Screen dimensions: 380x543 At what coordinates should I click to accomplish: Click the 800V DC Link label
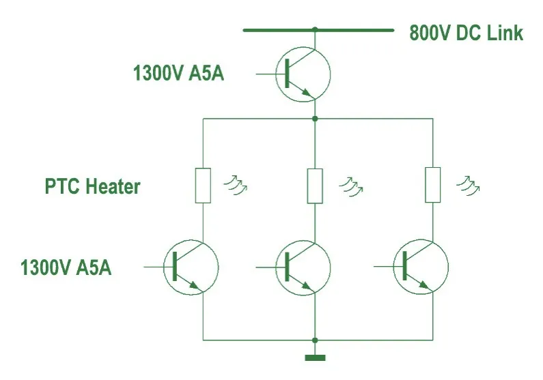(466, 33)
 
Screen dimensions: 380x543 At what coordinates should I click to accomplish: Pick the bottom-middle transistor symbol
(303, 267)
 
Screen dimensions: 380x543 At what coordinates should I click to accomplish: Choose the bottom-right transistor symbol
(421, 267)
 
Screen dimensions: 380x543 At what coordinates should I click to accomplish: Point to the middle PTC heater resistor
(314, 184)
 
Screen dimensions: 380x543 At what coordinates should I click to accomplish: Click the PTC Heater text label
(93, 186)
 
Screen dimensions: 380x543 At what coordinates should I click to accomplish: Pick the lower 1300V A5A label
(66, 267)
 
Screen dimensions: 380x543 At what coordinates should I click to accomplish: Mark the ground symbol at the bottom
(315, 357)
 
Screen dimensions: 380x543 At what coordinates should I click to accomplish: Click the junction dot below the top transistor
(315, 119)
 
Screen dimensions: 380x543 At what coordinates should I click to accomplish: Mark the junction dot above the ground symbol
(315, 340)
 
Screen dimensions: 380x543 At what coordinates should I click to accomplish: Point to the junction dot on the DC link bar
(315, 30)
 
